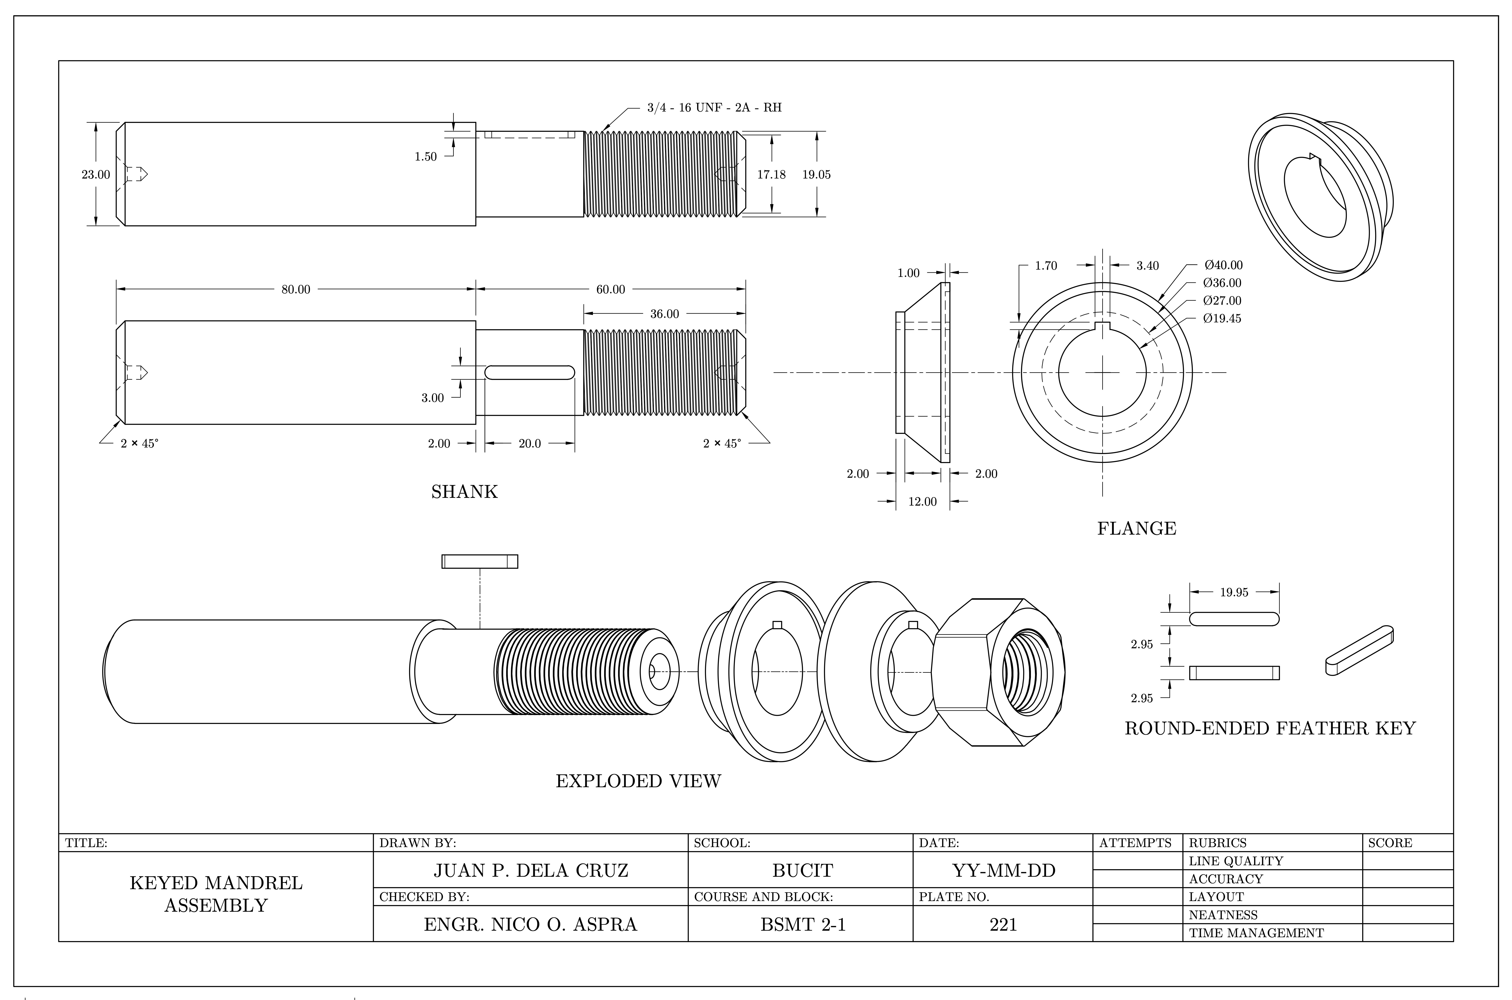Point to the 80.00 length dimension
(x=296, y=290)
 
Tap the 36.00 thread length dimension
(x=664, y=314)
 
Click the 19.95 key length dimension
(x=1234, y=592)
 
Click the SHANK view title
(x=464, y=492)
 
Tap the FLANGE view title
(x=1136, y=529)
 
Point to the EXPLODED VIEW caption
(x=638, y=781)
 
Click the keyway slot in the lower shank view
(x=530, y=373)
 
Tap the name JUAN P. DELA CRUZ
(x=530, y=871)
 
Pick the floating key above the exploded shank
(x=479, y=561)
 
